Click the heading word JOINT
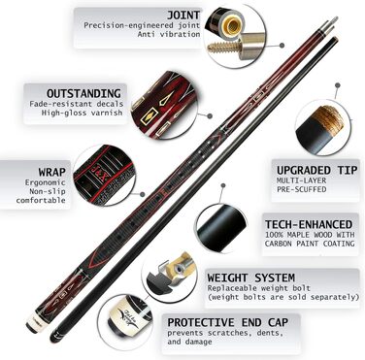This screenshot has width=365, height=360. pyautogui.click(x=183, y=15)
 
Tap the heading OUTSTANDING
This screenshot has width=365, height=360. pyautogui.click(x=83, y=93)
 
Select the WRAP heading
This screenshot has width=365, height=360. pyautogui.click(x=51, y=172)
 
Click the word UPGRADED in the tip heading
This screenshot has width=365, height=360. pyautogui.click(x=303, y=170)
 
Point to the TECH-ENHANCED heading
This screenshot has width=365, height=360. pyautogui.click(x=309, y=224)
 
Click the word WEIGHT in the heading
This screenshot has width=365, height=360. pyautogui.click(x=227, y=278)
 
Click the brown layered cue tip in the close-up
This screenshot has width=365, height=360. pyautogui.click(x=331, y=119)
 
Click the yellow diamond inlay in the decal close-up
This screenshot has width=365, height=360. pyautogui.click(x=149, y=115)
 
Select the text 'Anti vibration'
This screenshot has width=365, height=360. pyautogui.click(x=169, y=34)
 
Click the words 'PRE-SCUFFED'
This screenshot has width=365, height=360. pyautogui.click(x=301, y=189)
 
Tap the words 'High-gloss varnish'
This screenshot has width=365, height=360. pyautogui.click(x=82, y=113)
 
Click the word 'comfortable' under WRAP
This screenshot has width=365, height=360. pyautogui.click(x=41, y=200)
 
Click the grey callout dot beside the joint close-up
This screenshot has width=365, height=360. pyautogui.click(x=282, y=46)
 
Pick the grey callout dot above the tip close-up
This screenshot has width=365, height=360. pyautogui.click(x=338, y=85)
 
